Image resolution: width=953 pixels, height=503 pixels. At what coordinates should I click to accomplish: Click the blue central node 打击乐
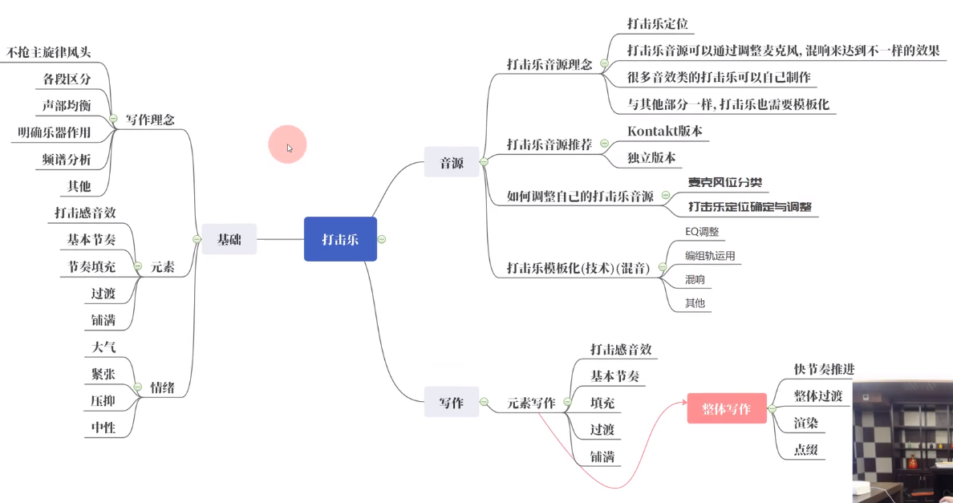coord(340,239)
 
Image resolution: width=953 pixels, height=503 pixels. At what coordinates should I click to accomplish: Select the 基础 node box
coord(229,239)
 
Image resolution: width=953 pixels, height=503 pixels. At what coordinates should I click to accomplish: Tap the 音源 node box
coord(452,163)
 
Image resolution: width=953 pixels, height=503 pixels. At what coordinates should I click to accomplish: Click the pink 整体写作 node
coord(727,409)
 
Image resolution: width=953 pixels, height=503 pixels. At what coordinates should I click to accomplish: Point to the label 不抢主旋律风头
coord(49,53)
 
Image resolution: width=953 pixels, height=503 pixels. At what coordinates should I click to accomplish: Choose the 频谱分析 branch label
coord(67,160)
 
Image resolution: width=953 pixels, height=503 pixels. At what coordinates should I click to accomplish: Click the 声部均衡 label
coord(67,106)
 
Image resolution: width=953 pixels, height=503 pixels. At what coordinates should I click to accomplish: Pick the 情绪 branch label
coord(162,388)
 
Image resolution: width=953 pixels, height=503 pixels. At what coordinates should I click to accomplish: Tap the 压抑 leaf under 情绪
coord(103,400)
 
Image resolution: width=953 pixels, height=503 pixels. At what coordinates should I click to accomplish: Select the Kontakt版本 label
coord(665,131)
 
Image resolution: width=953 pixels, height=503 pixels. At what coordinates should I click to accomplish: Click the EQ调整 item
coord(702,232)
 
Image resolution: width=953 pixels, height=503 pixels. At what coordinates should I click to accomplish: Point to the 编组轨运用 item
coord(709,256)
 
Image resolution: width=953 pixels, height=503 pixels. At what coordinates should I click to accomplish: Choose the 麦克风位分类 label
coord(725,181)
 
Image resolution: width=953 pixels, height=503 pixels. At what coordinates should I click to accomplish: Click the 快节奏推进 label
coord(824,369)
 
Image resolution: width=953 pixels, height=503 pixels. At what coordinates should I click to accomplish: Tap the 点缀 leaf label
coord(805,450)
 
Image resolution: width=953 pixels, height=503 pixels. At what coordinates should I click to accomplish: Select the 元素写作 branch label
coord(531,403)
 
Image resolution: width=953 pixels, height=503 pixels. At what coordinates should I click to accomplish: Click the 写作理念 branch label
coord(150,120)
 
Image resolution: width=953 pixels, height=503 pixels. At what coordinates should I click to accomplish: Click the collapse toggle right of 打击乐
coord(382,239)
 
